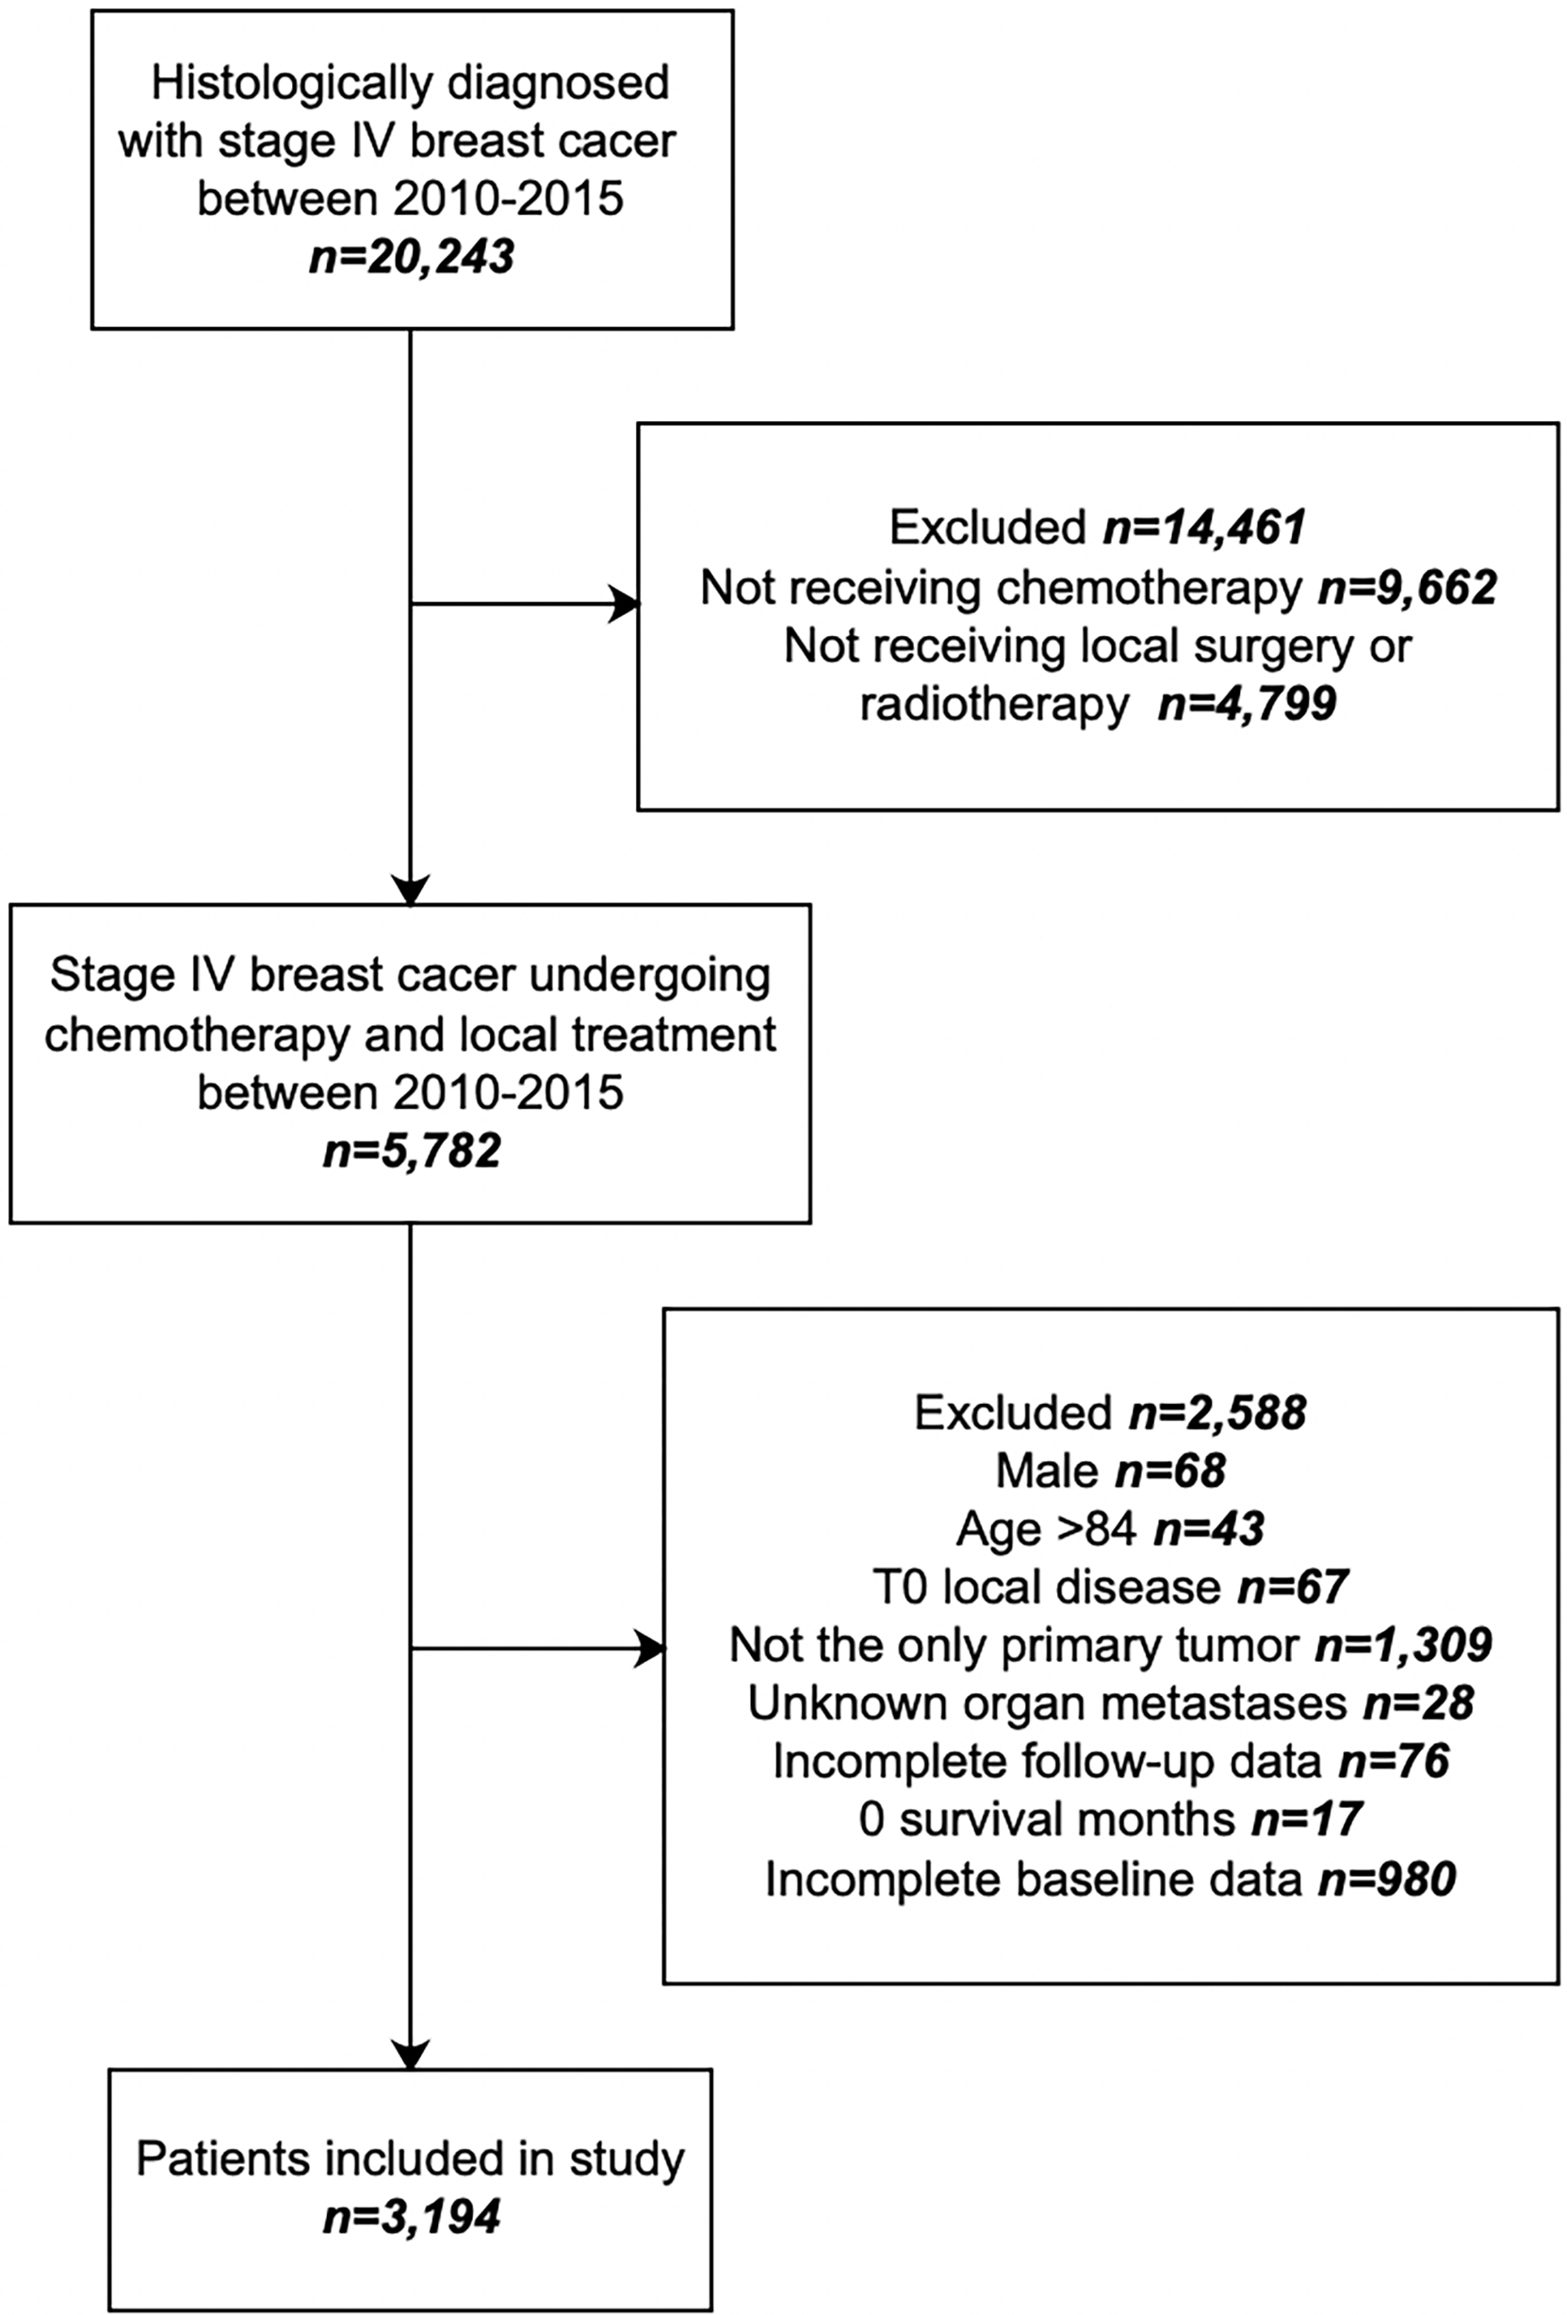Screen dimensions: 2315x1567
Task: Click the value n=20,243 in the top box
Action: pos(412,257)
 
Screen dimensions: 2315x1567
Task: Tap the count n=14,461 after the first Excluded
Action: pos(1203,527)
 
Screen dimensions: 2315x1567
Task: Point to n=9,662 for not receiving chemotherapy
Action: pos(1407,588)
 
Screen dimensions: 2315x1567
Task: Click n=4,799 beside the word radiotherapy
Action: pos(1247,704)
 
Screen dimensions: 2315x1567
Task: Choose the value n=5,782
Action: pos(412,1150)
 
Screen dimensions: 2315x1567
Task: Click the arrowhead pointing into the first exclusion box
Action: pos(625,604)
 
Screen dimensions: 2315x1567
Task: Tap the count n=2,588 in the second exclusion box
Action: pos(1217,1412)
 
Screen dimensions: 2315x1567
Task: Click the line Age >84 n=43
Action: pos(1110,1529)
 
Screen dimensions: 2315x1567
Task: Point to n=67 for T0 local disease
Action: pos(1292,1587)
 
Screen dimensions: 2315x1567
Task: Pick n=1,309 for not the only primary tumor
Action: pos(1403,1644)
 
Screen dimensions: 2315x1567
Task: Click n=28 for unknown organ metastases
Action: pos(1417,1704)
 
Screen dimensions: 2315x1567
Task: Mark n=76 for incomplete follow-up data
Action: pos(1393,1761)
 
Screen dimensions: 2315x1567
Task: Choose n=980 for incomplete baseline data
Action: pos(1387,1879)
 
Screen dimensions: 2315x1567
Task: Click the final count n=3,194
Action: pos(412,2217)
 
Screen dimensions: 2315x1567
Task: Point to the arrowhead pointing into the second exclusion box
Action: pos(649,1649)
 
